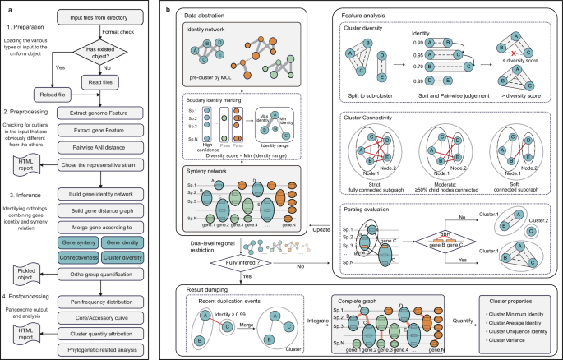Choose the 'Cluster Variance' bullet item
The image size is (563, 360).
point(505,339)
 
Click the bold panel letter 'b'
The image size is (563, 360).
point(169,8)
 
